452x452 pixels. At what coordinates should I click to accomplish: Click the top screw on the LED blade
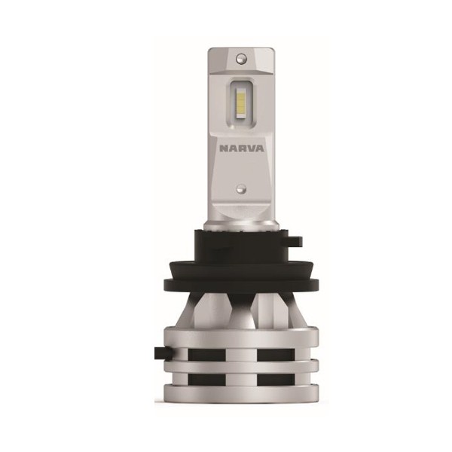tap(241, 59)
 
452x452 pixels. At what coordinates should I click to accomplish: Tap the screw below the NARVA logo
tap(241, 189)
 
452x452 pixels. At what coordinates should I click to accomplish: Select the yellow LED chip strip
tap(240, 105)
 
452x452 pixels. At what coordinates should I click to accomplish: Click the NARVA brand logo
tap(242, 148)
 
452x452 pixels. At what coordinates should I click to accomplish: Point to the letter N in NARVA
tap(224, 148)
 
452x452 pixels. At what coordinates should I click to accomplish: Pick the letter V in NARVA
tap(250, 148)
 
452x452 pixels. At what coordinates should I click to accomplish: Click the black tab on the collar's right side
tap(296, 240)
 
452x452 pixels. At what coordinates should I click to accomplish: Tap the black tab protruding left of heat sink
tap(163, 353)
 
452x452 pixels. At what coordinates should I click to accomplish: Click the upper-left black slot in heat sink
tap(207, 354)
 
